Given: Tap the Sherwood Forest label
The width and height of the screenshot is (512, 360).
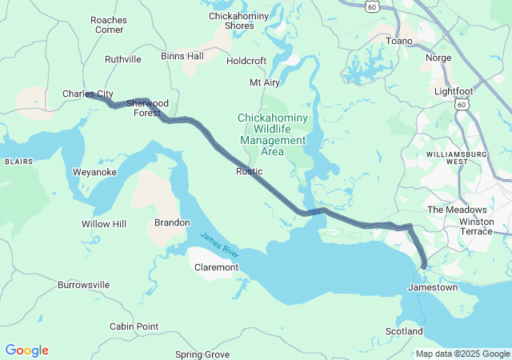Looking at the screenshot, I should pos(147,108).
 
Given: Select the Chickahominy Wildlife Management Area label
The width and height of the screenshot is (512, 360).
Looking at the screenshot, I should pos(272,134).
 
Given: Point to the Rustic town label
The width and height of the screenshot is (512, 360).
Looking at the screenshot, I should pos(249,171).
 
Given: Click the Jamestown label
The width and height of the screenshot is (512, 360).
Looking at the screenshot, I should pos(433,286).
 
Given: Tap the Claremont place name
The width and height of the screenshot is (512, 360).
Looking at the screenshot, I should pos(217,267).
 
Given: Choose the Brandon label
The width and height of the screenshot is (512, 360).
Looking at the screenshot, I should pos(172,222).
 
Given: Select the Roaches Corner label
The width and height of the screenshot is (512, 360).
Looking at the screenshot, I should pos(108,24).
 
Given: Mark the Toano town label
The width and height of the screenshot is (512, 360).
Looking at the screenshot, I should pos(399,41).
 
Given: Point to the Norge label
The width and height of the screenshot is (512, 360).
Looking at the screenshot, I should pos(438,58).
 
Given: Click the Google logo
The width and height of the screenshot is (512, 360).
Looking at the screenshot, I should pos(26,350).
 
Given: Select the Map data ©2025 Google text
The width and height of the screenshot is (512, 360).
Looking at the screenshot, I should pos(462,354).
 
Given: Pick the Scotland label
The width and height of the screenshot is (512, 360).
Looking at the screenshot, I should pos(404,331).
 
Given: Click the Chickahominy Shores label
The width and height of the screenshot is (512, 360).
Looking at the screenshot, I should pos(231,21).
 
